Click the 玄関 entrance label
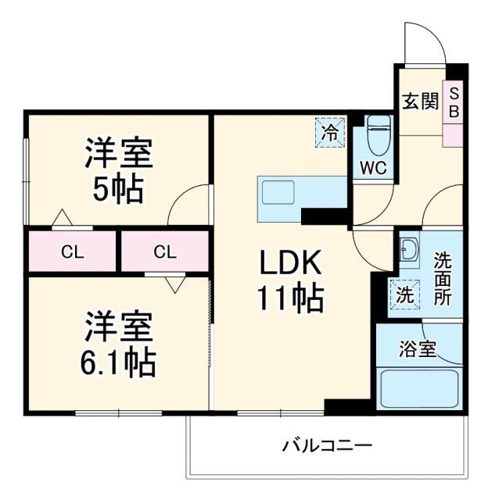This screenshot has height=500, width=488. pyautogui.click(x=420, y=102)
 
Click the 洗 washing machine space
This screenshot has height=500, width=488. pyautogui.click(x=405, y=296)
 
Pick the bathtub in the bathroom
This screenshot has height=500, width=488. pyautogui.click(x=418, y=388)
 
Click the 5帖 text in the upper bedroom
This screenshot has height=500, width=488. pyautogui.click(x=118, y=188)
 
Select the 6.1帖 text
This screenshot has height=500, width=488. pyautogui.click(x=118, y=362)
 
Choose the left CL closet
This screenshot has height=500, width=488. pyautogui.click(x=73, y=252)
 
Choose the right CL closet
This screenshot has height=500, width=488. pyautogui.click(x=165, y=252)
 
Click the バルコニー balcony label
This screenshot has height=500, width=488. pyautogui.click(x=327, y=447)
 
